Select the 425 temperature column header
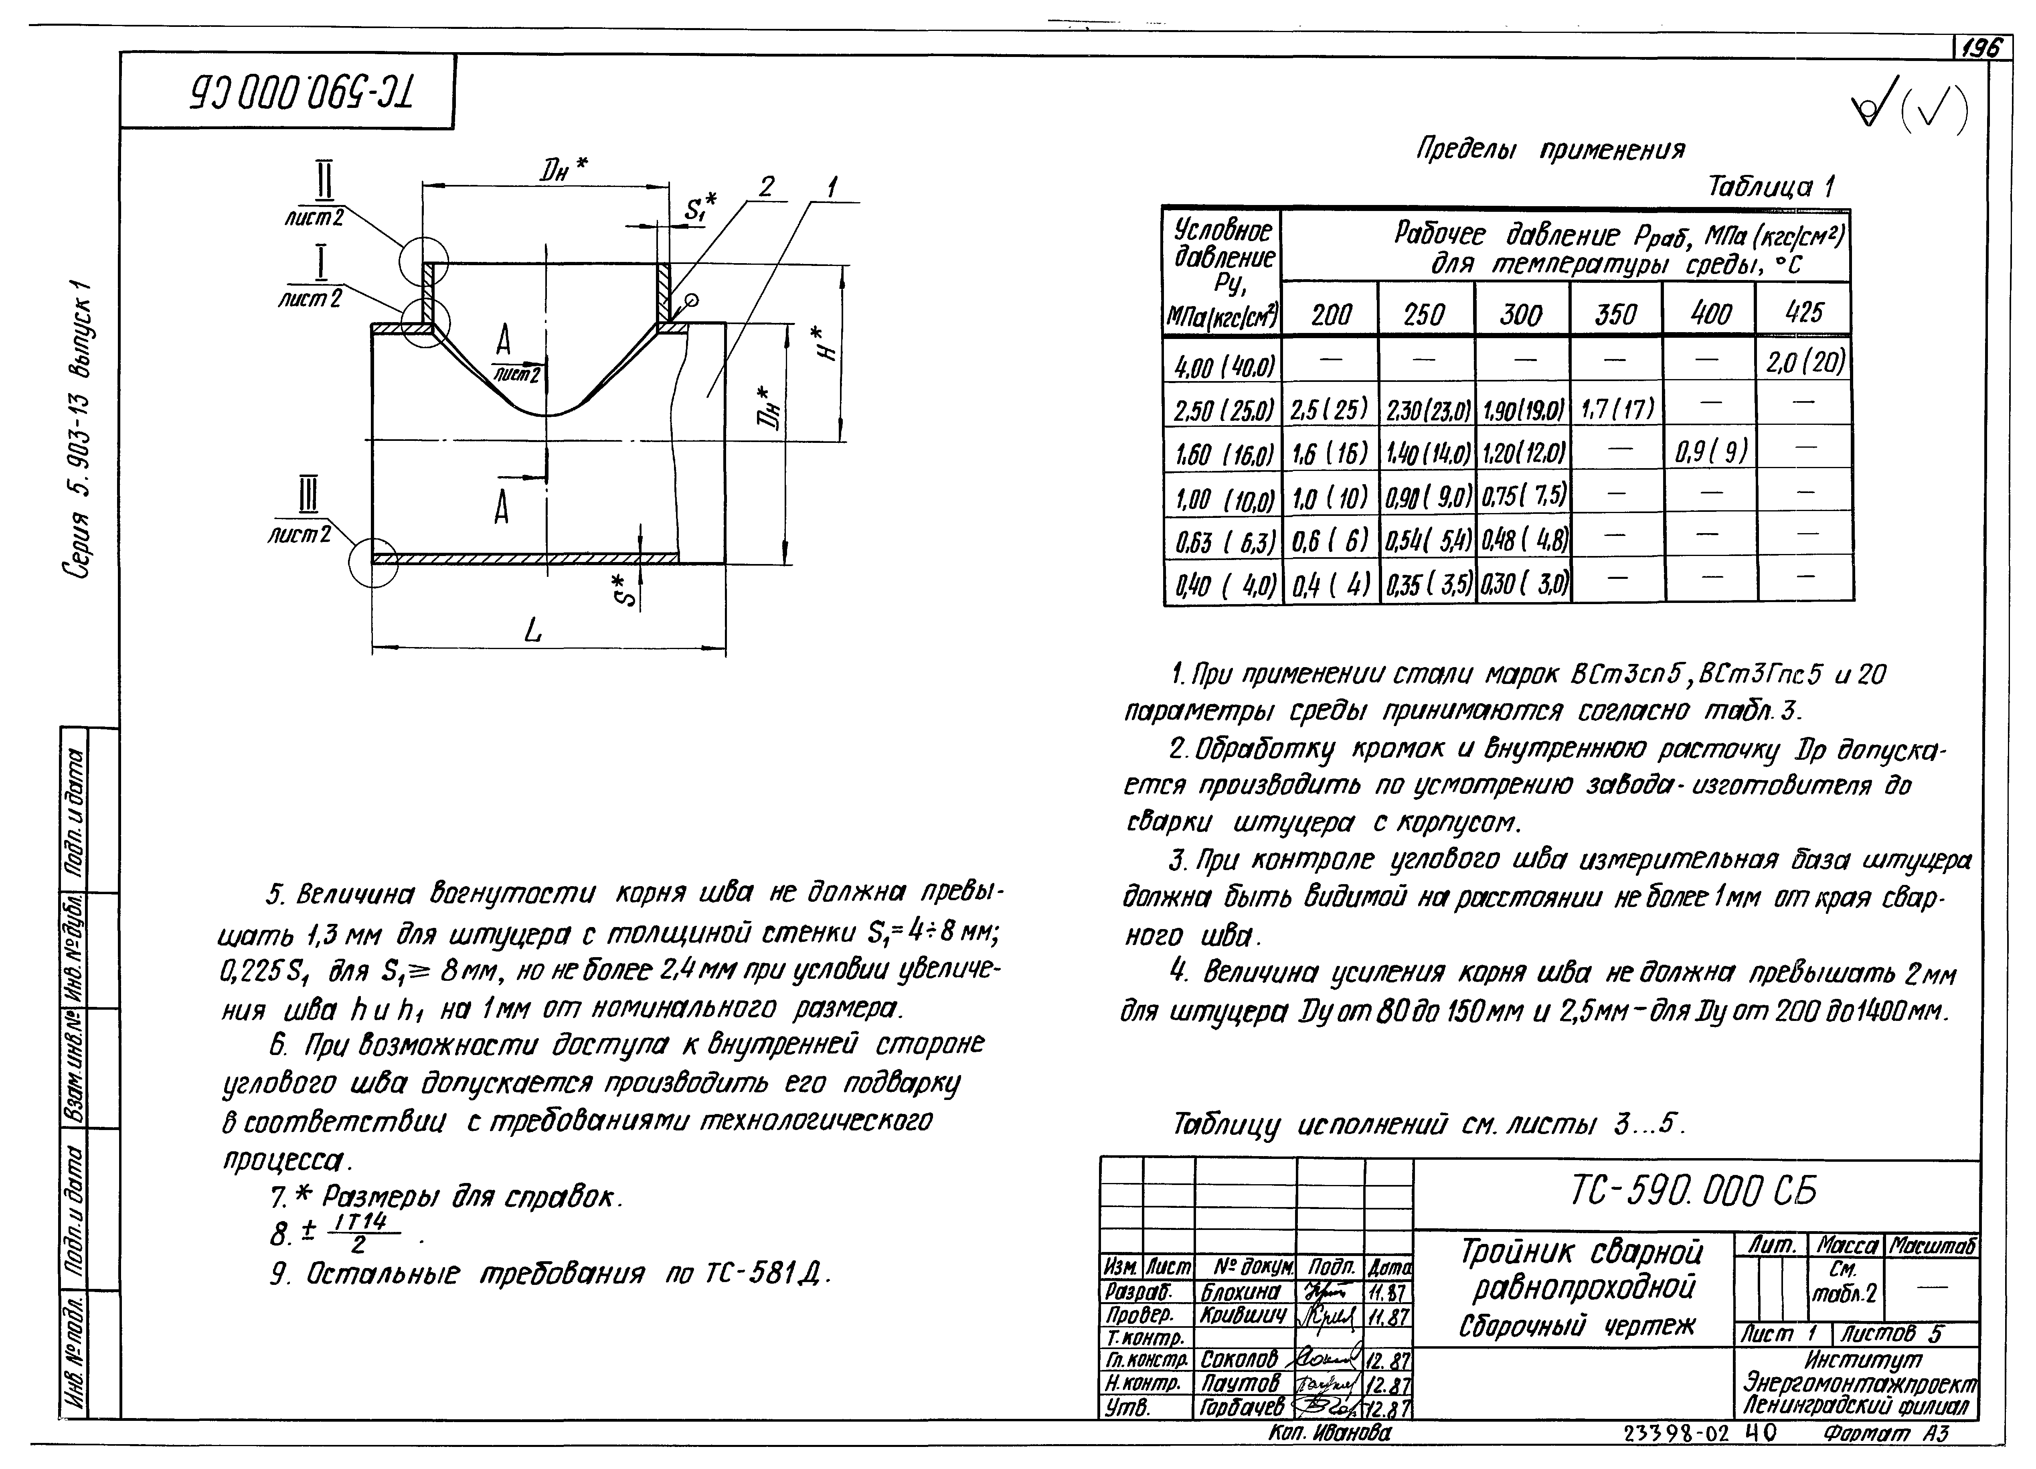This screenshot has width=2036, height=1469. tap(1803, 312)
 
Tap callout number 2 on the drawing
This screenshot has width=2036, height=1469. tap(766, 187)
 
